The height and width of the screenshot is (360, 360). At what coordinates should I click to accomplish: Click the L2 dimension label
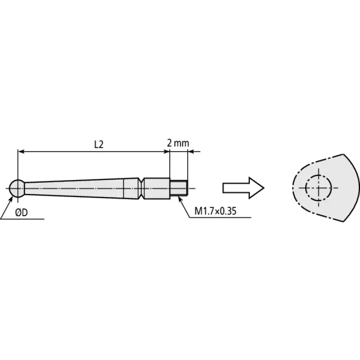pyautogui.click(x=99, y=144)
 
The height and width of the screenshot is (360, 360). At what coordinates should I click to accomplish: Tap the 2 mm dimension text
pyautogui.click(x=178, y=143)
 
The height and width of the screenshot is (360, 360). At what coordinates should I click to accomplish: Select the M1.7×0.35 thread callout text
pyautogui.click(x=216, y=211)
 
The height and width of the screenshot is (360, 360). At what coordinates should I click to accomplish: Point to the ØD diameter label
pyautogui.click(x=21, y=212)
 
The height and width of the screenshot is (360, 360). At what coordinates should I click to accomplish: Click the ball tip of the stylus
pyautogui.click(x=17, y=189)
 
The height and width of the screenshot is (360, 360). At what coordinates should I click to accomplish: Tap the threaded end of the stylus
pyautogui.click(x=179, y=188)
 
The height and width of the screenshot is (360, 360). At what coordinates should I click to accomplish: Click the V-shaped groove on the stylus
pyautogui.click(x=141, y=188)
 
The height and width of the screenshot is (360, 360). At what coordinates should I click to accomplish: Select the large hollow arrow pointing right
pyautogui.click(x=243, y=188)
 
